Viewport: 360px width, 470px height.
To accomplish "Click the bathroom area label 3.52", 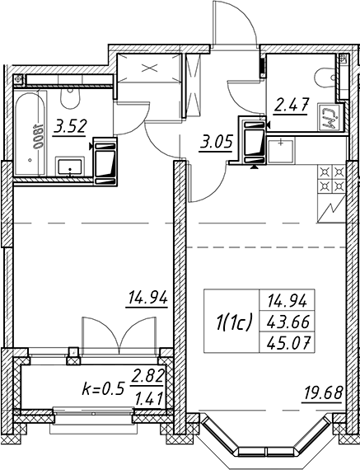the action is (x=70, y=127).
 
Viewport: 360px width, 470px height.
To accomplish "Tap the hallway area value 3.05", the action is (x=216, y=143).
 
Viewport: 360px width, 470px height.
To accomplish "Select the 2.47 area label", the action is (x=291, y=106).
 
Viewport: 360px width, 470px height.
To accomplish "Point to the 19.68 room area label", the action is (x=323, y=393).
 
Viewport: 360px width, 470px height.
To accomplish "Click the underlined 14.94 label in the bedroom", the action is (x=147, y=298).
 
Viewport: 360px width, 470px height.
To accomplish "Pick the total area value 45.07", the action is (x=287, y=342).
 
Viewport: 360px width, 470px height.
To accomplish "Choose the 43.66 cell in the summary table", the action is (x=287, y=322).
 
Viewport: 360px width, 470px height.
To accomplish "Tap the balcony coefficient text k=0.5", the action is (x=103, y=390).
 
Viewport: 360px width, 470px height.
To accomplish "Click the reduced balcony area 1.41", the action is (x=149, y=398).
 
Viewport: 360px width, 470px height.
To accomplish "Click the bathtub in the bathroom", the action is (x=30, y=134).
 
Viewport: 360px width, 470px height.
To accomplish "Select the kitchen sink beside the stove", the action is (x=280, y=151).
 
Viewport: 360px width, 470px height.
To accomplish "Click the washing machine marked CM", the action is (x=330, y=117).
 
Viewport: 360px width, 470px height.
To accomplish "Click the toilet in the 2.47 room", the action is (x=325, y=78).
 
